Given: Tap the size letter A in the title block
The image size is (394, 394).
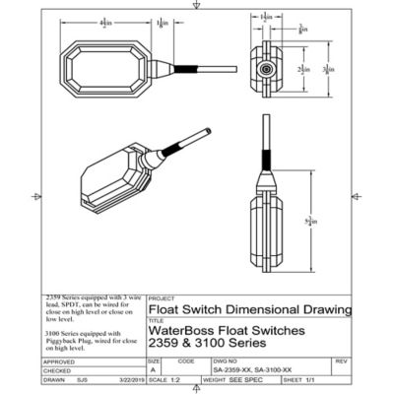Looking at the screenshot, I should click(154, 369).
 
